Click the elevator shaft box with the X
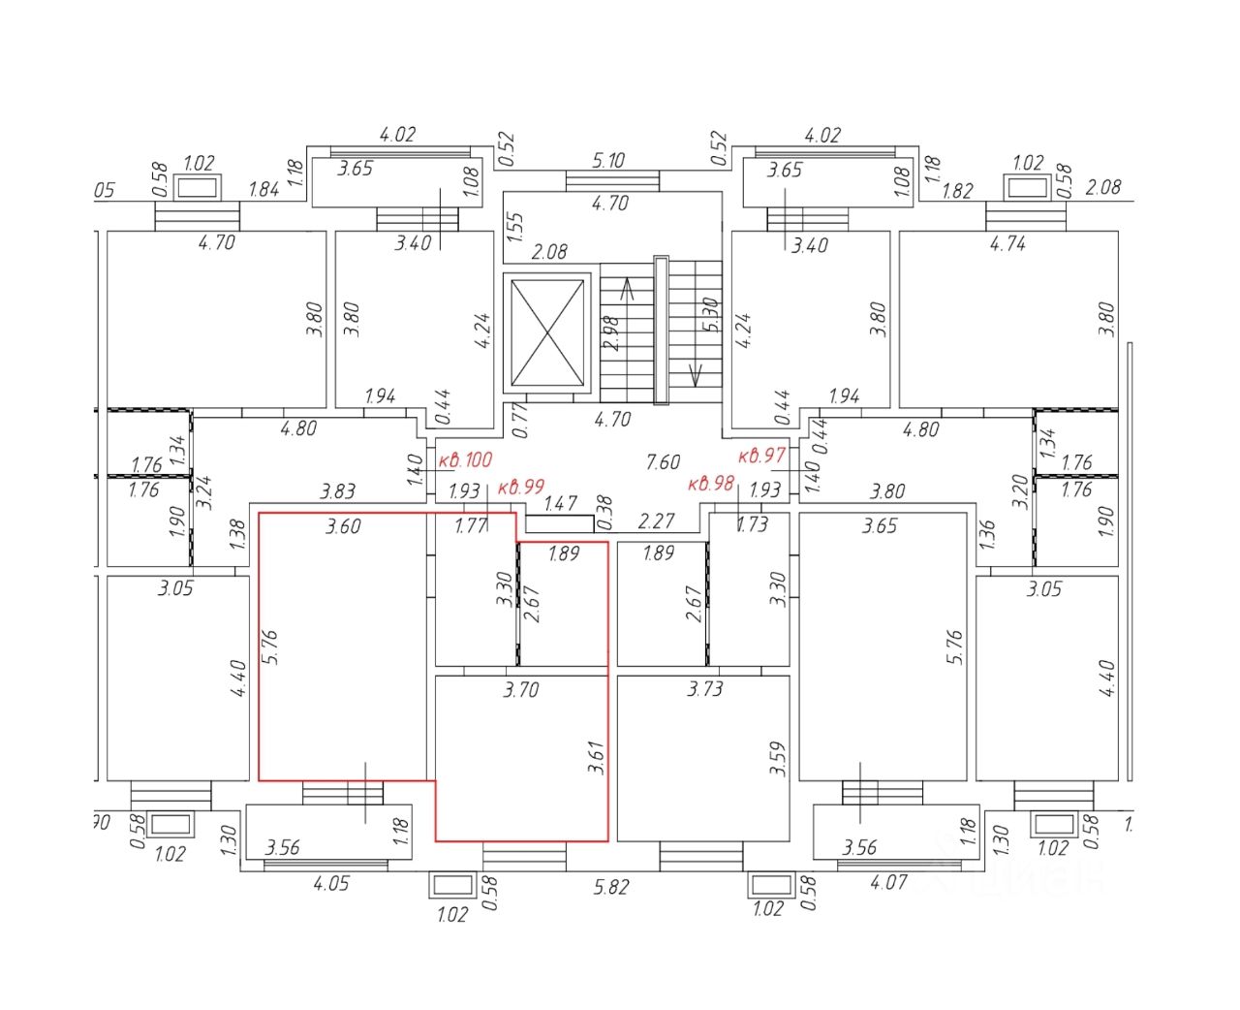pos(547,332)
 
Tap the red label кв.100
pos(465,459)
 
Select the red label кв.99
pos(521,487)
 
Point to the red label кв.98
pos(711,484)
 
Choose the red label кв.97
pos(761,455)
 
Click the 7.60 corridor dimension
pos(663,461)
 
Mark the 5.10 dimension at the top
pos(608,160)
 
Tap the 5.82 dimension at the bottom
pos(610,887)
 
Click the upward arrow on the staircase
pos(626,288)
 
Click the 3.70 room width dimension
pos(520,690)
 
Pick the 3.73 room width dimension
pos(704,689)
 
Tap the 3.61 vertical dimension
pos(595,757)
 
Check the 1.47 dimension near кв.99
pos(560,503)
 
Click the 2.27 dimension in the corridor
pos(656,521)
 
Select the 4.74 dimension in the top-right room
pos(1007,243)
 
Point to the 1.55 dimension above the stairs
pos(514,228)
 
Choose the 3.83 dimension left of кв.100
pos(337,491)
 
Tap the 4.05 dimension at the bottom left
pos(330,883)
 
